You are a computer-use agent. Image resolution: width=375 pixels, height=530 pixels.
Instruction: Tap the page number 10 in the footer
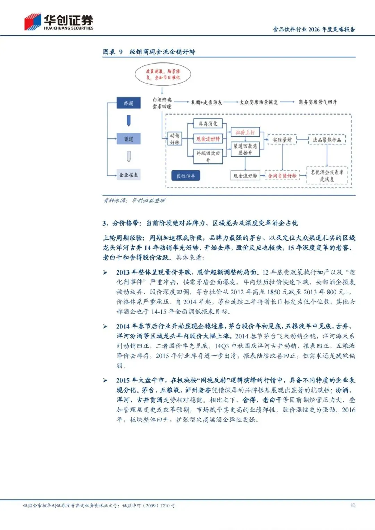pyautogui.click(x=352, y=505)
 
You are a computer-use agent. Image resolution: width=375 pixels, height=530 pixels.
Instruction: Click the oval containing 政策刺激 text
pyautogui.click(x=163, y=74)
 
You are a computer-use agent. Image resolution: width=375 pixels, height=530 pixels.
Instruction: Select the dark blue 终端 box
pyautogui.click(x=128, y=103)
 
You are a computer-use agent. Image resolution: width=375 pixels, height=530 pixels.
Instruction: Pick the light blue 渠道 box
pyautogui.click(x=128, y=139)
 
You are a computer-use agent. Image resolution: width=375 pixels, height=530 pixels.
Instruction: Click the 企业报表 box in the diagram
pyautogui.click(x=128, y=175)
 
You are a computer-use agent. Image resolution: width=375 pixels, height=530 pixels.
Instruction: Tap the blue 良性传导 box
pyautogui.click(x=186, y=176)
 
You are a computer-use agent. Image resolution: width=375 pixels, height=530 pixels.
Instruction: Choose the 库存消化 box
pyautogui.click(x=208, y=124)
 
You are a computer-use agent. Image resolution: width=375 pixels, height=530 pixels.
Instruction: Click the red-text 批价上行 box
pyautogui.click(x=245, y=132)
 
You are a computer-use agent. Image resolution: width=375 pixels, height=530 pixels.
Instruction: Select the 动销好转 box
pyautogui.click(x=175, y=139)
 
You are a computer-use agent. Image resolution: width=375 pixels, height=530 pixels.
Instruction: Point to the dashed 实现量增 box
pyautogui.click(x=282, y=140)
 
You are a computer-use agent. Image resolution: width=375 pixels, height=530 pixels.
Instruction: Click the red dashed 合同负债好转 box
pyautogui.click(x=282, y=176)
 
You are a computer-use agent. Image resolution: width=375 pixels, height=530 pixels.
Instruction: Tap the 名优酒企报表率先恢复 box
pyautogui.click(x=327, y=175)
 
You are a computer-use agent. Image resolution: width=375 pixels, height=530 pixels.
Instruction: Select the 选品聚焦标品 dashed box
pyautogui.click(x=327, y=140)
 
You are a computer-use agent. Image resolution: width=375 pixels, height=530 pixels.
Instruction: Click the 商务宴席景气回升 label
pyautogui.click(x=317, y=102)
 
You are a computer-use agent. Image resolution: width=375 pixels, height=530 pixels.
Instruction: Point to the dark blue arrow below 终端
pyautogui.click(x=128, y=120)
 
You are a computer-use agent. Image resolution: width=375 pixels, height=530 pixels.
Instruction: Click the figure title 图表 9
pyautogui.click(x=113, y=52)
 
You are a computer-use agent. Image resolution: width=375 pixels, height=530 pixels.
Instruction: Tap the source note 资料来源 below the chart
pyautogui.click(x=134, y=200)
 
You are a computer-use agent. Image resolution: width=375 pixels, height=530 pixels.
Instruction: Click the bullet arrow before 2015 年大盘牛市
pyautogui.click(x=105, y=380)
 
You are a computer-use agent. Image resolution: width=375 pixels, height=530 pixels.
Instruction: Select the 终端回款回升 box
pyautogui.click(x=208, y=156)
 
